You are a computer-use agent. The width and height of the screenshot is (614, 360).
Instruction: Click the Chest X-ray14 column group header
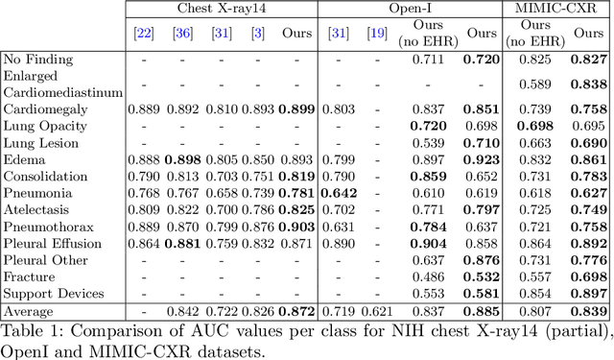point(222,9)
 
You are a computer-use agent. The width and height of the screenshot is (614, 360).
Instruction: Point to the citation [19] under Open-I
point(378,34)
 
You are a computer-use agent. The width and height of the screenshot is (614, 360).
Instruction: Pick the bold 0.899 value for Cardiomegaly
point(295,109)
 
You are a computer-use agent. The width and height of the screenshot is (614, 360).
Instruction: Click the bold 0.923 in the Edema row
point(481,159)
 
